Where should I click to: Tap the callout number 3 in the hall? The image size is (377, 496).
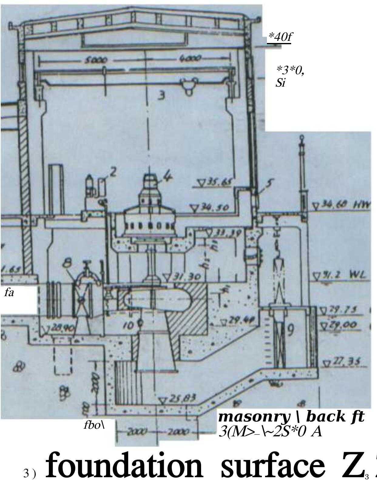162,95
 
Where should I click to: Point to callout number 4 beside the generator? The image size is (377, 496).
167,176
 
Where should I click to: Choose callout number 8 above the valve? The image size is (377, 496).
68,263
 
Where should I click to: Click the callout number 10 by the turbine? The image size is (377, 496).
129,326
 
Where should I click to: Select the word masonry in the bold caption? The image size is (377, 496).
254,417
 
